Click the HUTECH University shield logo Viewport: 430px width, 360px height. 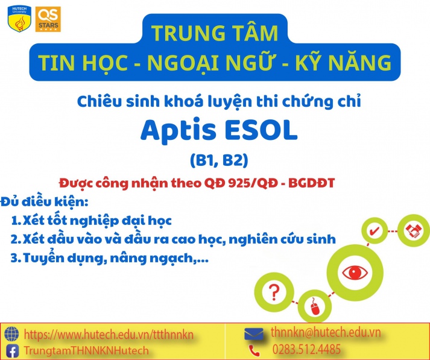[x=17, y=17]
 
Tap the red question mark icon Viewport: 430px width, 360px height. [x=274, y=291]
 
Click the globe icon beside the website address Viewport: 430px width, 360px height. [x=11, y=333]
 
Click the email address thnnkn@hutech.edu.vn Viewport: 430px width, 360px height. [x=326, y=332]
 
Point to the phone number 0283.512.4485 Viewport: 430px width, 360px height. [x=307, y=350]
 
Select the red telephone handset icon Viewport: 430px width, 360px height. [x=255, y=350]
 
